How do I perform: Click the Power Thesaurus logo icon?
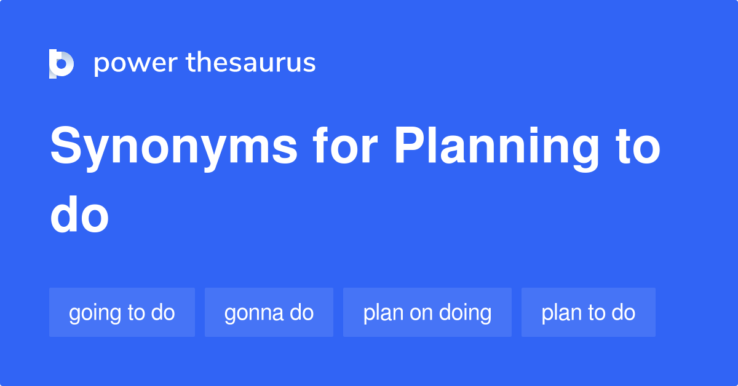click(61, 63)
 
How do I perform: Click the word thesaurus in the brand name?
click(251, 63)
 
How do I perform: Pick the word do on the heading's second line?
click(79, 216)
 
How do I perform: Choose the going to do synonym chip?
click(122, 312)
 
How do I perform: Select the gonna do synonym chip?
click(269, 312)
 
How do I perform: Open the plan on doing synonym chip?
click(427, 312)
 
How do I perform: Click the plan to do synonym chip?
click(588, 312)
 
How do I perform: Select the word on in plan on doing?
click(422, 313)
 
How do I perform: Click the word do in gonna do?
click(302, 312)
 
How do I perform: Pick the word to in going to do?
click(136, 312)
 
